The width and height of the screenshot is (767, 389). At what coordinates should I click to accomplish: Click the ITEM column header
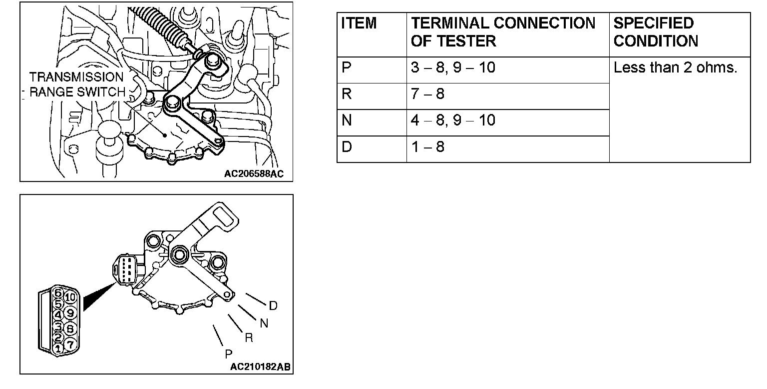(359, 23)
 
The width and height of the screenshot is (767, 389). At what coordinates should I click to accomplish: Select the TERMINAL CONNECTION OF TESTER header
(503, 32)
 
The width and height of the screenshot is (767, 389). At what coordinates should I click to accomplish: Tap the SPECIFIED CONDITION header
(655, 32)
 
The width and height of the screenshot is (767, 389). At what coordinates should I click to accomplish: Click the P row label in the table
(347, 67)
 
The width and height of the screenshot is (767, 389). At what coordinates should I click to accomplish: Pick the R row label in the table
(347, 94)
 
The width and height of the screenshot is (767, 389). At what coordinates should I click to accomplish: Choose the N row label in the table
(347, 120)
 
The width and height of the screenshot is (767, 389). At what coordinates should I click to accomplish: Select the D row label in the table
(347, 147)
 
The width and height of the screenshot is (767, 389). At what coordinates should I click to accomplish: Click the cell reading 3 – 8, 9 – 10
(453, 67)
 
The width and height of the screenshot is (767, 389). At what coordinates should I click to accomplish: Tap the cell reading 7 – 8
(427, 94)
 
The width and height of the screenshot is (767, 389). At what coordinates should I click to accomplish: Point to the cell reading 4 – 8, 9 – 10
(453, 120)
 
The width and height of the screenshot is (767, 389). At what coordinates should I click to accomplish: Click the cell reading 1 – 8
(427, 147)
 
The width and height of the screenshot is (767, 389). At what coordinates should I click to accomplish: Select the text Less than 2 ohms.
(675, 67)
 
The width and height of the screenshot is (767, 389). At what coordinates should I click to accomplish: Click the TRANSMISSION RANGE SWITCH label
(76, 84)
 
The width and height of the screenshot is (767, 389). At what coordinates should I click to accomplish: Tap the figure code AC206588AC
(254, 174)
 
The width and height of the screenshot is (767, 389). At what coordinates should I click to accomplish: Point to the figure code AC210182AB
(260, 367)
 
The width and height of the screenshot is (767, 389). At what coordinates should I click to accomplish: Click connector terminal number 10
(70, 297)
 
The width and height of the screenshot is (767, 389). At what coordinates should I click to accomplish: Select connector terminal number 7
(70, 344)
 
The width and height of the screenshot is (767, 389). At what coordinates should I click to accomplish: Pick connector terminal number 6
(58, 292)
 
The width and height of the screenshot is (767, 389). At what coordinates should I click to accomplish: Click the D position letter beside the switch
(273, 305)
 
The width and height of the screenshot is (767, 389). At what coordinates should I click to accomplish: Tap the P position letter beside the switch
(228, 353)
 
